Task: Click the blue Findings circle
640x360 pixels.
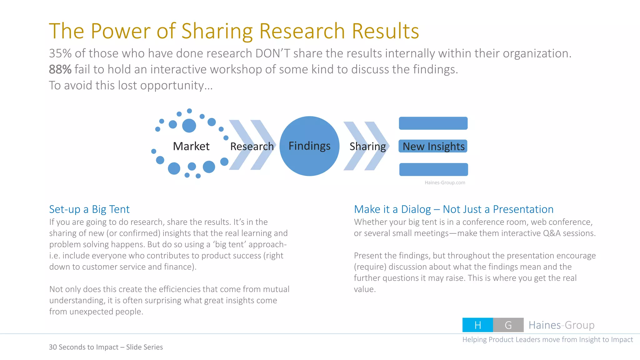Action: tap(309, 146)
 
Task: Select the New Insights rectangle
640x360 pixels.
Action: tap(433, 146)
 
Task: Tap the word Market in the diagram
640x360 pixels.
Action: tap(191, 146)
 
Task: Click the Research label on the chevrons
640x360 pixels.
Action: tap(252, 146)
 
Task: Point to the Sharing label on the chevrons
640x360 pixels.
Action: tap(367, 146)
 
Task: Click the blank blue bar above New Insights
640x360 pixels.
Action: tap(433, 123)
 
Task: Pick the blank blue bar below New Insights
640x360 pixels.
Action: tap(433, 169)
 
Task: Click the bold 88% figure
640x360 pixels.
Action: tap(60, 69)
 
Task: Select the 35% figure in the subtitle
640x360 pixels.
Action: tap(60, 53)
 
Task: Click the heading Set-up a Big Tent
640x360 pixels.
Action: tap(89, 209)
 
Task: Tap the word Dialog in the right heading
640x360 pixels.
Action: tap(416, 209)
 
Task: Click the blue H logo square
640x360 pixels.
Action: tap(477, 325)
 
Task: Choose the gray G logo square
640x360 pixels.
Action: tap(508, 325)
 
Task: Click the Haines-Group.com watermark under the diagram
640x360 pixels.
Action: tap(445, 182)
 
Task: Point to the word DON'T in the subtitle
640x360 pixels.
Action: tap(273, 53)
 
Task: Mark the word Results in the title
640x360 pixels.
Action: tap(385, 31)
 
